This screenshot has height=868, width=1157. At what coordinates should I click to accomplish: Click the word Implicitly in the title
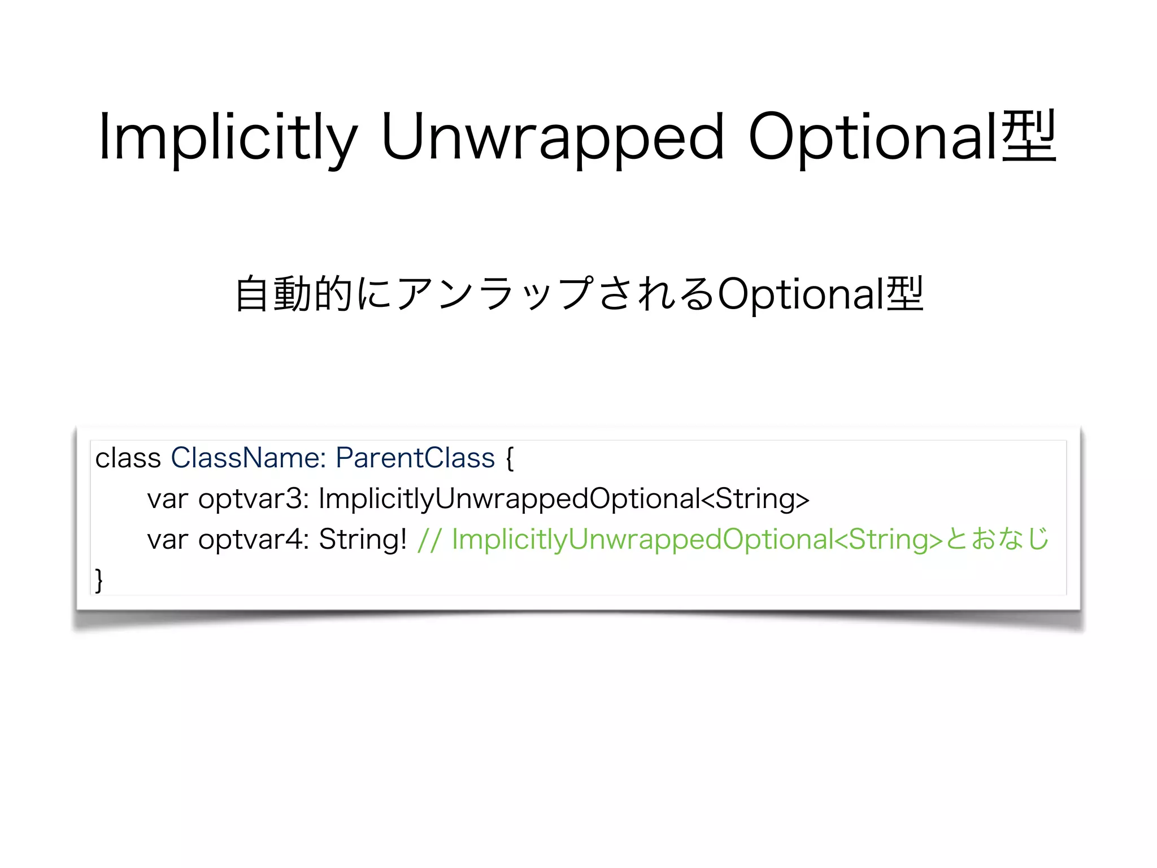click(228, 137)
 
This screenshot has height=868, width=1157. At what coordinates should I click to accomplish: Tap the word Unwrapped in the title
click(551, 137)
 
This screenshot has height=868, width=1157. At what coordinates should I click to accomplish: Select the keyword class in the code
click(128, 458)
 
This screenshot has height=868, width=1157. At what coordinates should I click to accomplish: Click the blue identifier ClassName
click(247, 458)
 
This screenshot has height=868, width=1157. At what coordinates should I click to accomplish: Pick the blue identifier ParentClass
click(415, 458)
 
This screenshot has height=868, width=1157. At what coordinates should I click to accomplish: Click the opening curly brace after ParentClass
click(510, 459)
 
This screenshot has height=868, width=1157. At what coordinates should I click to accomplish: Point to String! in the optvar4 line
click(363, 540)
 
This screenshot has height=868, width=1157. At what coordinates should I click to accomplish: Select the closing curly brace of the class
click(99, 580)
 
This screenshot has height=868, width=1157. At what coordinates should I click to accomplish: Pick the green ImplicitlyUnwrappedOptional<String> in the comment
click(697, 540)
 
